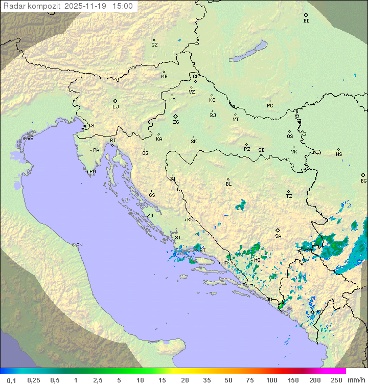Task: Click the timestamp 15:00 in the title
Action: (123, 6)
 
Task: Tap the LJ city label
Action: (116, 107)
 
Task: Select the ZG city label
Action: (176, 122)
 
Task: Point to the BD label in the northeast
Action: (306, 21)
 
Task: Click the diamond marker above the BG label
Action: (363, 175)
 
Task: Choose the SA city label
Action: (278, 236)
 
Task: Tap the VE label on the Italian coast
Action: (30, 139)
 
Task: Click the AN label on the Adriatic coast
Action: (79, 245)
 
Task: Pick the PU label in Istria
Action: (93, 172)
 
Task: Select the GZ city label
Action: (154, 45)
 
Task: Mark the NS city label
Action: (339, 154)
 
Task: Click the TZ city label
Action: (289, 196)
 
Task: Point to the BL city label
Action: (228, 184)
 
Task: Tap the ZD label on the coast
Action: (150, 216)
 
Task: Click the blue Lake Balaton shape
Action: (249, 52)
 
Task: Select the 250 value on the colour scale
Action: (336, 380)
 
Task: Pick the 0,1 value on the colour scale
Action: (11, 380)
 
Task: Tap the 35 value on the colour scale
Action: (206, 380)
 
